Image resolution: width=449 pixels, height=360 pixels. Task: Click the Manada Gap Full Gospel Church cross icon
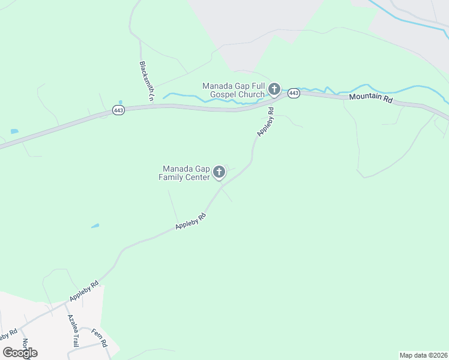[274, 90]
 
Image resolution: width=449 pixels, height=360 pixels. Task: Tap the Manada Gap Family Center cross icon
[219, 173]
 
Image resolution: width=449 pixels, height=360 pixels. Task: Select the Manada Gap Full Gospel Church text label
[234, 90]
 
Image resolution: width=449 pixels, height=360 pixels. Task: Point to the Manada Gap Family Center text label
[184, 173]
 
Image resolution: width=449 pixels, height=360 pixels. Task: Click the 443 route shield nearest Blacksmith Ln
[118, 111]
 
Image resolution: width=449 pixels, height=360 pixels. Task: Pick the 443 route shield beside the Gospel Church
[294, 93]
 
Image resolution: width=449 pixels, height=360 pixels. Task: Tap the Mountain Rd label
[370, 98]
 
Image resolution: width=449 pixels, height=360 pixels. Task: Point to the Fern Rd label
[99, 337]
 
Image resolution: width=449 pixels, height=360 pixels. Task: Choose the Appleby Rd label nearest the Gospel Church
[265, 122]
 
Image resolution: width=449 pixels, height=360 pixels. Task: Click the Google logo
[20, 353]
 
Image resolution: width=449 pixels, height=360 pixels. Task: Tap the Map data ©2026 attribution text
[423, 355]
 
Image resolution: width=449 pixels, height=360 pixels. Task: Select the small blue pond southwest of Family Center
[95, 226]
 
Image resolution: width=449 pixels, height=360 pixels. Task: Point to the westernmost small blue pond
[14, 131]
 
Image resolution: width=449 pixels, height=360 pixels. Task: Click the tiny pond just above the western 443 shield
[121, 102]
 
